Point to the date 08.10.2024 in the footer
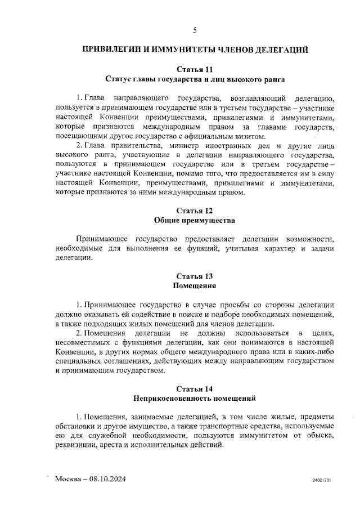point(106,479)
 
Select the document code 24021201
point(322,481)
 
